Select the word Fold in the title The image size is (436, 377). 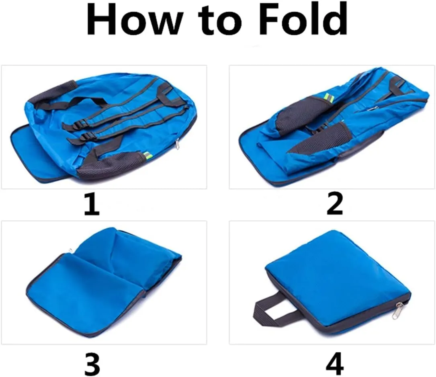click(303, 18)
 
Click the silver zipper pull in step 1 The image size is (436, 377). click(177, 144)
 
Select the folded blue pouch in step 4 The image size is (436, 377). click(338, 281)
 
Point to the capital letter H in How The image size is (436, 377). click(102, 19)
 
